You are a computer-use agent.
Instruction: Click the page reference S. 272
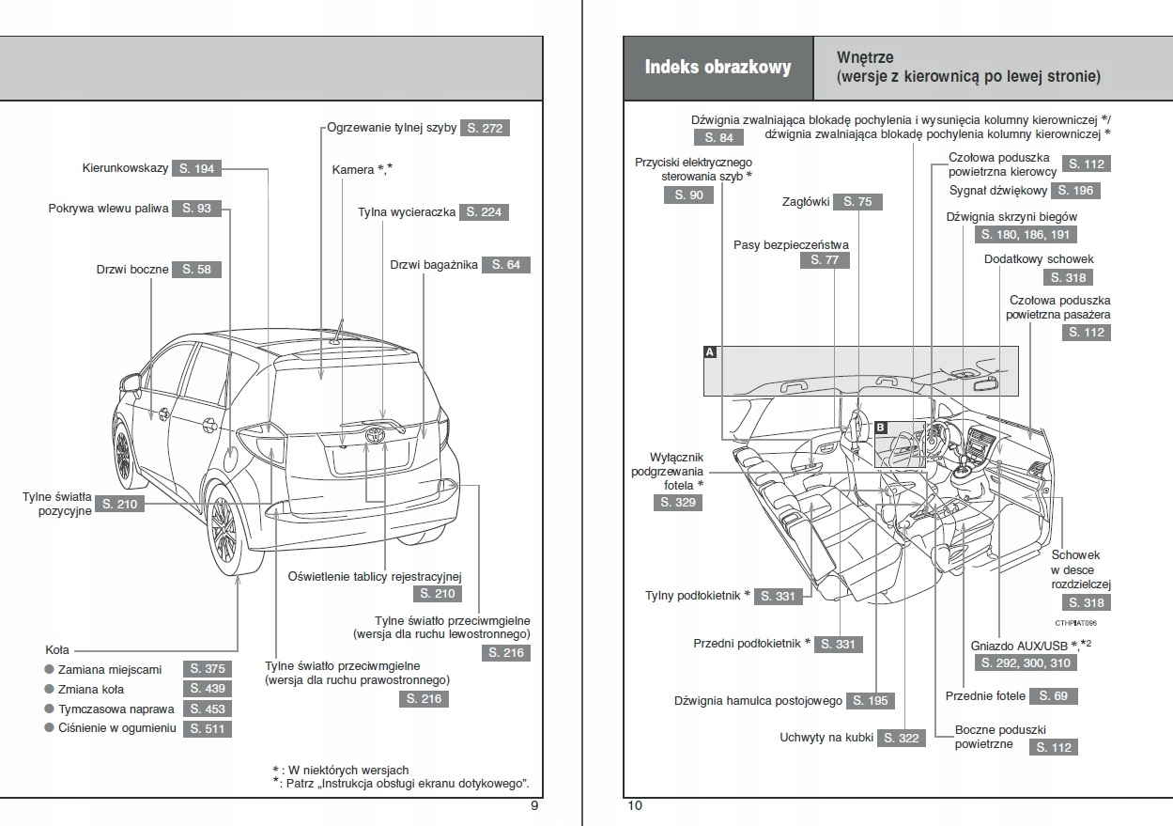point(485,128)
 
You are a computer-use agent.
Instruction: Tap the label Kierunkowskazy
point(125,168)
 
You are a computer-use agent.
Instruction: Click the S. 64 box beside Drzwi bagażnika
point(505,265)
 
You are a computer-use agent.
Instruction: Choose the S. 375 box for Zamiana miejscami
point(207,669)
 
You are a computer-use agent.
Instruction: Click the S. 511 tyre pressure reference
point(207,728)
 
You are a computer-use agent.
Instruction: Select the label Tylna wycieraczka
point(407,212)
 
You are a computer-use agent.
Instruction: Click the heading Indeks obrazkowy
point(718,68)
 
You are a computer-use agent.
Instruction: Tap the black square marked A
point(710,352)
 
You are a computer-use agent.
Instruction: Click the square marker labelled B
point(880,428)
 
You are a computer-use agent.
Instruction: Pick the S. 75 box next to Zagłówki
point(857,202)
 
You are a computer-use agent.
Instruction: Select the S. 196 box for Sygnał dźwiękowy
point(1075,191)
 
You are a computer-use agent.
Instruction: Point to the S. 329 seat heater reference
point(678,503)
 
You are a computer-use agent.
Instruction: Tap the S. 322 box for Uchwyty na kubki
point(902,739)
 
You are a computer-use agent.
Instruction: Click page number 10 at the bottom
point(635,805)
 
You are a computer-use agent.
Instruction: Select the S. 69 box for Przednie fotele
point(1054,696)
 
